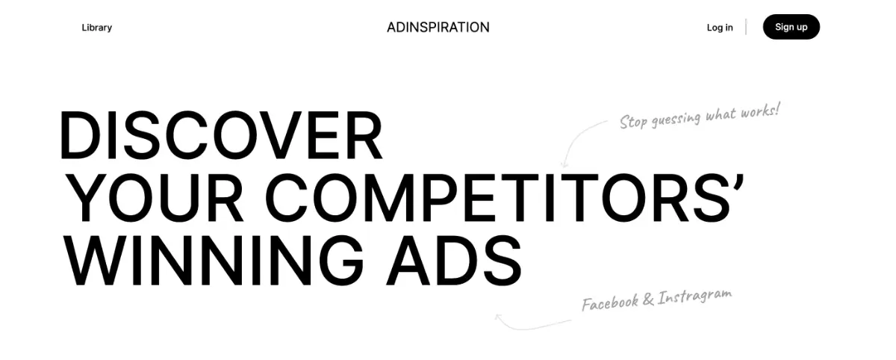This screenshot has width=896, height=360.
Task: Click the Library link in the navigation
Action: (96, 28)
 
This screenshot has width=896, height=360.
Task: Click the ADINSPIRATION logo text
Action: (438, 28)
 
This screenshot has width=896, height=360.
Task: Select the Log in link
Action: (720, 28)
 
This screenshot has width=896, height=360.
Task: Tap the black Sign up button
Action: (791, 27)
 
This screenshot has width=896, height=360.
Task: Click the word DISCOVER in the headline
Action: (221, 136)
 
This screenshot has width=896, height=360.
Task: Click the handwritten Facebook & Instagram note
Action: (656, 300)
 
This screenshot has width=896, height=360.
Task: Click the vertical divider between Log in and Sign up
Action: (746, 28)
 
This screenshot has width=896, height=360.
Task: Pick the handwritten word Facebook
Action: (609, 303)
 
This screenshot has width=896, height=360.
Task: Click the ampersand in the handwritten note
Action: (647, 300)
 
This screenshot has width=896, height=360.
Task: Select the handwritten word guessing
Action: (676, 120)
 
